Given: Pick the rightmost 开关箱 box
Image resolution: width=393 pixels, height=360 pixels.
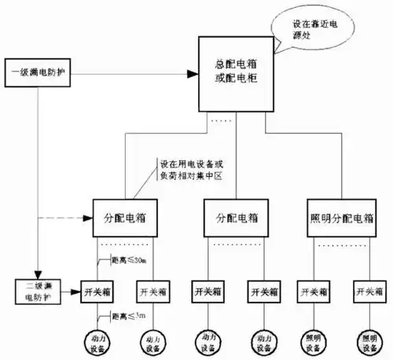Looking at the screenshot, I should click(368, 291).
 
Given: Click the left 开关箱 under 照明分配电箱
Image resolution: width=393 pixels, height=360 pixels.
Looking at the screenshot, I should click(314, 291).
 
